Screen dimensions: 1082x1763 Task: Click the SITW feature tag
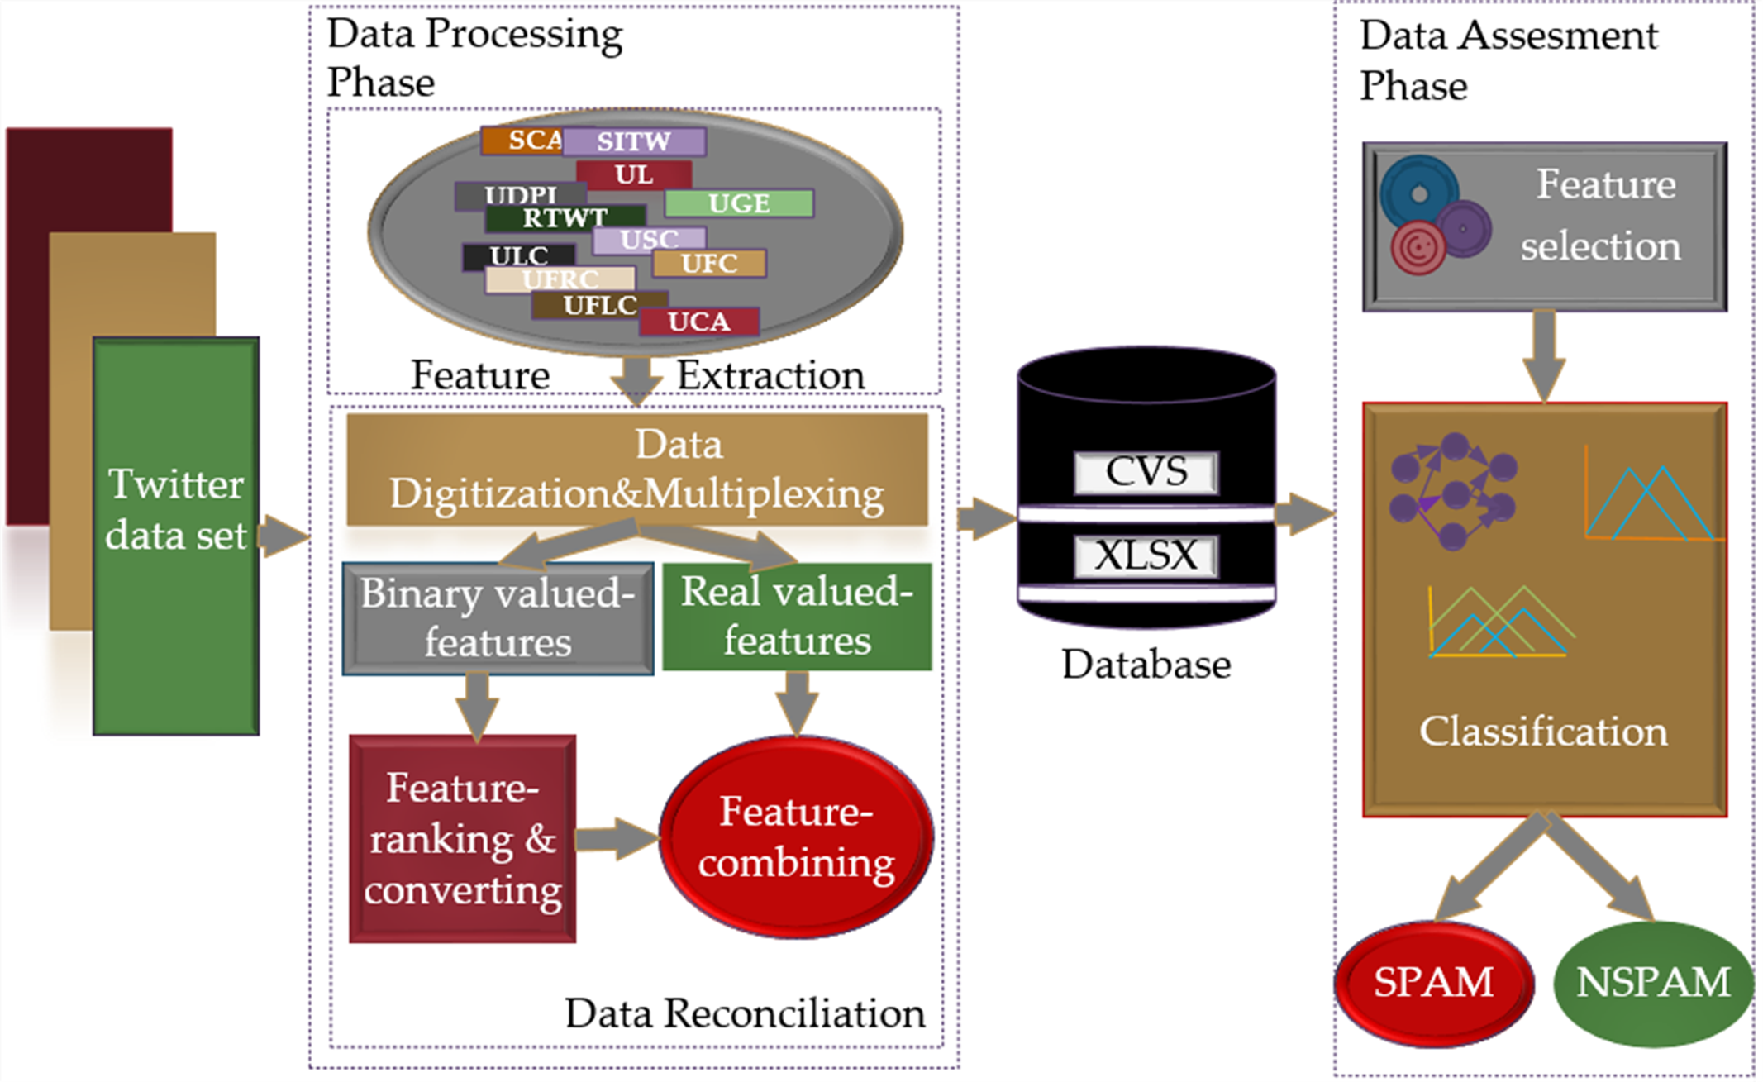(x=634, y=141)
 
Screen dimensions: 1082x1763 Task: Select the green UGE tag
(x=739, y=203)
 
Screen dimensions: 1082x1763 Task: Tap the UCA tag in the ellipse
(x=699, y=322)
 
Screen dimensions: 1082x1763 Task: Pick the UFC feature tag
(x=709, y=264)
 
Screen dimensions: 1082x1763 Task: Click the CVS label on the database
(x=1146, y=472)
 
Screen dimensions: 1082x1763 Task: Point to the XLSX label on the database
(x=1146, y=555)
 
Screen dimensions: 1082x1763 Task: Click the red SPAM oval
(x=1434, y=983)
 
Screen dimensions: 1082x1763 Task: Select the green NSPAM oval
(x=1653, y=983)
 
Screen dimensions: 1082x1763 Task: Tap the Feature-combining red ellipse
(x=797, y=837)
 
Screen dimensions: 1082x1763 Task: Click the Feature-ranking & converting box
(x=462, y=838)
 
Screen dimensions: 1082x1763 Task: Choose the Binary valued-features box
(x=498, y=618)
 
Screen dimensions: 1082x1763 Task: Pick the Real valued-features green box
(x=797, y=616)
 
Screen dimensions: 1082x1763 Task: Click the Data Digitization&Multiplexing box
(x=636, y=470)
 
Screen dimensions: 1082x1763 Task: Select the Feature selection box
(x=1544, y=226)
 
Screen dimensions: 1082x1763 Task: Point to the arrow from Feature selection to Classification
(x=1544, y=355)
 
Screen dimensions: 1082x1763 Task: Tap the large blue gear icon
(x=1419, y=193)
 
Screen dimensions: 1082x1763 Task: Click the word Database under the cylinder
(x=1146, y=665)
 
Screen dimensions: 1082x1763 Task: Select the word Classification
(x=1543, y=732)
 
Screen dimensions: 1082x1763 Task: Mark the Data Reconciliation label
(x=745, y=1013)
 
